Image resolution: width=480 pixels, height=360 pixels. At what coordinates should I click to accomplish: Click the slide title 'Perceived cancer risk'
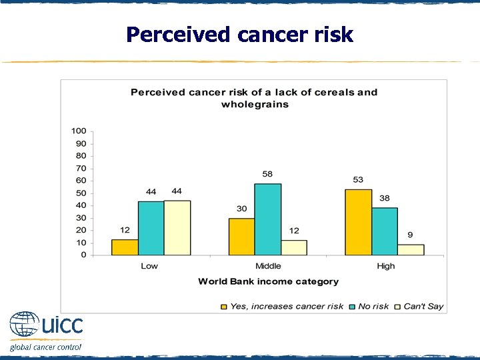(x=239, y=34)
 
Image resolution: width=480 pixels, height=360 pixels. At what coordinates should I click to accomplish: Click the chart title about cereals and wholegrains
(x=254, y=98)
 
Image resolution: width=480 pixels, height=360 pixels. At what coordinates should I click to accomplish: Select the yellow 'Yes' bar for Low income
(x=125, y=247)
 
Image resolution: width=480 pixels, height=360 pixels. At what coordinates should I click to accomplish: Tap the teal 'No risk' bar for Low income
(x=151, y=228)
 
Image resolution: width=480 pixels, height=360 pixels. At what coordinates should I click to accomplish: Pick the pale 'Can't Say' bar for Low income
(x=177, y=228)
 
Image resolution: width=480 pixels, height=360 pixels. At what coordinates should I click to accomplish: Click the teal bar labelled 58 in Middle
(x=267, y=219)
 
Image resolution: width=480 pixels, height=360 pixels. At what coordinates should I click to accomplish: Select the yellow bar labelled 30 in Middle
(x=241, y=237)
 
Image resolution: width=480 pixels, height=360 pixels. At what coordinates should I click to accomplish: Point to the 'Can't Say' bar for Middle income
(x=294, y=247)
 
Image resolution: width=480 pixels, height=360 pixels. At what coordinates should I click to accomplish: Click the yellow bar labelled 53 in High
(x=358, y=222)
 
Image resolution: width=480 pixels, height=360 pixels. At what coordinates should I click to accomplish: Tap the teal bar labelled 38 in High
(x=385, y=231)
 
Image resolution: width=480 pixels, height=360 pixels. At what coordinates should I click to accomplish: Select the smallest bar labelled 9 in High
(x=411, y=249)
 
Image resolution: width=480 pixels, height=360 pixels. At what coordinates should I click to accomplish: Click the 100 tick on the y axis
(x=79, y=131)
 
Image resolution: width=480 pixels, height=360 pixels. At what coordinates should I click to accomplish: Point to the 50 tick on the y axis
(x=81, y=193)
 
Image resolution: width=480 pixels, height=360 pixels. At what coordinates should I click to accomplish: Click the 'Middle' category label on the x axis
(x=267, y=266)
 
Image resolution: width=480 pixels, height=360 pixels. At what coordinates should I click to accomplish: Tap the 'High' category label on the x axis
(x=385, y=266)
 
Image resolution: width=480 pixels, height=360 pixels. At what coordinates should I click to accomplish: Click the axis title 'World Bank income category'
(x=268, y=281)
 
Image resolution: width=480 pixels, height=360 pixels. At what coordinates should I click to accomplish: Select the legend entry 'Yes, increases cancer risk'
(x=286, y=306)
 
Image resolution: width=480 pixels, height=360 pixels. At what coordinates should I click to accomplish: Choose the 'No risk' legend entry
(x=373, y=306)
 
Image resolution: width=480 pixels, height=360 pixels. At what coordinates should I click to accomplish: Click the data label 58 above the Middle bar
(x=267, y=174)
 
